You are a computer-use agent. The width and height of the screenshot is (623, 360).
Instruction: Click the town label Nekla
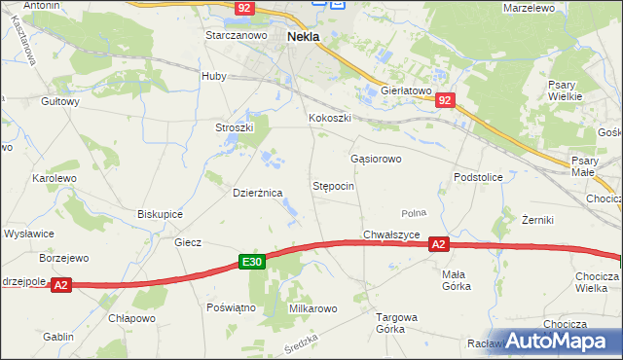(305, 38)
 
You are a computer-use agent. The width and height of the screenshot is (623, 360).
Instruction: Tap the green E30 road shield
(252, 262)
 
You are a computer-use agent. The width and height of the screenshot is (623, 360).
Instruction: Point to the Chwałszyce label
(391, 234)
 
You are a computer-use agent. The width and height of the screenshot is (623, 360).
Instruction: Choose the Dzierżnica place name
(257, 193)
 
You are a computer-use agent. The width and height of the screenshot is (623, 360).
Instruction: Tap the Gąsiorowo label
(376, 158)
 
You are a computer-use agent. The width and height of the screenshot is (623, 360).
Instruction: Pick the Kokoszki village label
(328, 119)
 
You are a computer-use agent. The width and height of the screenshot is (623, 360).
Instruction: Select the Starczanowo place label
(236, 35)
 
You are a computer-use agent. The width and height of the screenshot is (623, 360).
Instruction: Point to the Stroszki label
(235, 127)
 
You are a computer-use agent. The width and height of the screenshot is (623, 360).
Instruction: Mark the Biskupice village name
(162, 213)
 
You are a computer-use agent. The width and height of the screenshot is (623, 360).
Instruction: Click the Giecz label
(187, 242)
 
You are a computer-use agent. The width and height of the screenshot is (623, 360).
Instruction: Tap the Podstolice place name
(478, 177)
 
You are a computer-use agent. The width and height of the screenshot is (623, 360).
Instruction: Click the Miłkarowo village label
(312, 308)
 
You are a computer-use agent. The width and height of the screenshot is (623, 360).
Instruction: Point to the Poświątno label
(231, 306)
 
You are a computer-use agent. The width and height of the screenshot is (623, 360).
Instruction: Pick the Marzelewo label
(530, 7)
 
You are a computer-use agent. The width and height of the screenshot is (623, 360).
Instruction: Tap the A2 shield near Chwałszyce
(439, 245)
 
